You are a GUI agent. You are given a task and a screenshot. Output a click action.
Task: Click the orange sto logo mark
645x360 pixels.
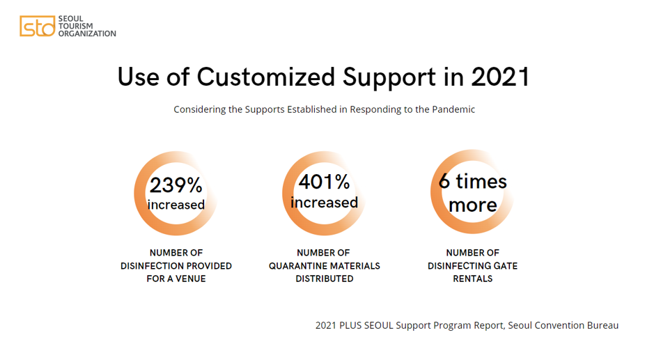pos(38,26)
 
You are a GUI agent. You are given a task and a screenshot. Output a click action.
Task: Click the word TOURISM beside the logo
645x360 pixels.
pos(75,26)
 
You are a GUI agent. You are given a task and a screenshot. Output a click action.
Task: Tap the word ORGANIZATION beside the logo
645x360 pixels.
pos(87,33)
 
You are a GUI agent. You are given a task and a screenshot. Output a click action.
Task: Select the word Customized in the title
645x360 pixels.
pos(266,77)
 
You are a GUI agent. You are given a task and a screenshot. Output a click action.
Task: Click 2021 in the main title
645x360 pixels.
pos(501,77)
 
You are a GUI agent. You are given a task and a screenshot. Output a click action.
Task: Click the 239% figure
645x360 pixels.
pos(176,185)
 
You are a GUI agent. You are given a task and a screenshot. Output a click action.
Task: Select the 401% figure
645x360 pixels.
pos(324,182)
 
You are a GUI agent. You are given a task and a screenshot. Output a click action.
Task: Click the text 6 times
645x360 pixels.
pos(473,182)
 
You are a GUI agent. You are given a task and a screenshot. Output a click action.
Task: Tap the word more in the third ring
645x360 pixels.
pos(473,205)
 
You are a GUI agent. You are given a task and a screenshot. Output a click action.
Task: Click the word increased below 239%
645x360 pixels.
pos(176,205)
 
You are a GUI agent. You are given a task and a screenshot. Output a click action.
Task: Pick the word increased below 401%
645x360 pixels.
pos(324,203)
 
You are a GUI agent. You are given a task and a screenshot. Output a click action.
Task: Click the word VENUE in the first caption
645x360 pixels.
pos(189,279)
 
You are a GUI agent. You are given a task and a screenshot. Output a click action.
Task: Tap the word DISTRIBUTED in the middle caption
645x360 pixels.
pos(325,279)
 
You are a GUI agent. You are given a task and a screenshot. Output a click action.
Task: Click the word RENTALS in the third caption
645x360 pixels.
pos(473,279)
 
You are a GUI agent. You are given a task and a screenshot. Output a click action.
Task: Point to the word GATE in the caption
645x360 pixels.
pos(506,266)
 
